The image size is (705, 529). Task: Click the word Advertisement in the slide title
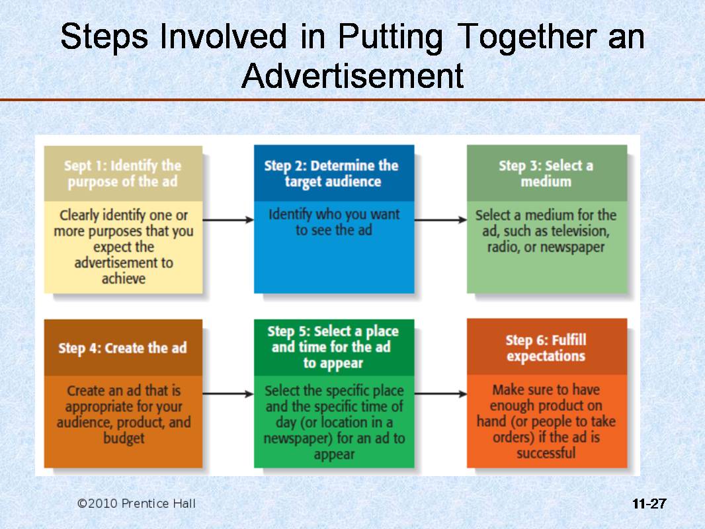(352, 76)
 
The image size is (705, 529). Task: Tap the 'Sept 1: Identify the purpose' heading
(123, 173)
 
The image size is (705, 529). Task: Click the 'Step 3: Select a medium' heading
(546, 173)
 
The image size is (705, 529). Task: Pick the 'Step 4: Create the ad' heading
(122, 348)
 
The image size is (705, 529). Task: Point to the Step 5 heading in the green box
(333, 346)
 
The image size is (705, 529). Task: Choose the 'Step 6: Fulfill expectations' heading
(546, 348)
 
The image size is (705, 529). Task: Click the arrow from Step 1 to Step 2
(228, 220)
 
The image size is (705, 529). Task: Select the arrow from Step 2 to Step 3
(440, 220)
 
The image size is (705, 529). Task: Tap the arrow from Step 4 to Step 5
(228, 394)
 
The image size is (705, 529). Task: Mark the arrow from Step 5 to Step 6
(440, 394)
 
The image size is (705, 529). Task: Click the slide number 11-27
(649, 504)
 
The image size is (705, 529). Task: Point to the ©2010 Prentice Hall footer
(136, 504)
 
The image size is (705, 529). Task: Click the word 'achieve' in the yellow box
(123, 278)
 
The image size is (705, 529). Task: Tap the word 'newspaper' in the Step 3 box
(573, 247)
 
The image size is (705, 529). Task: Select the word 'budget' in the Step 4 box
(123, 438)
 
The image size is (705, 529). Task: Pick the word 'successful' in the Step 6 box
(546, 453)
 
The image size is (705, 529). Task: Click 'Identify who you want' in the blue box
(334, 214)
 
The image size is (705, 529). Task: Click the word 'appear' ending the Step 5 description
(334, 454)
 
